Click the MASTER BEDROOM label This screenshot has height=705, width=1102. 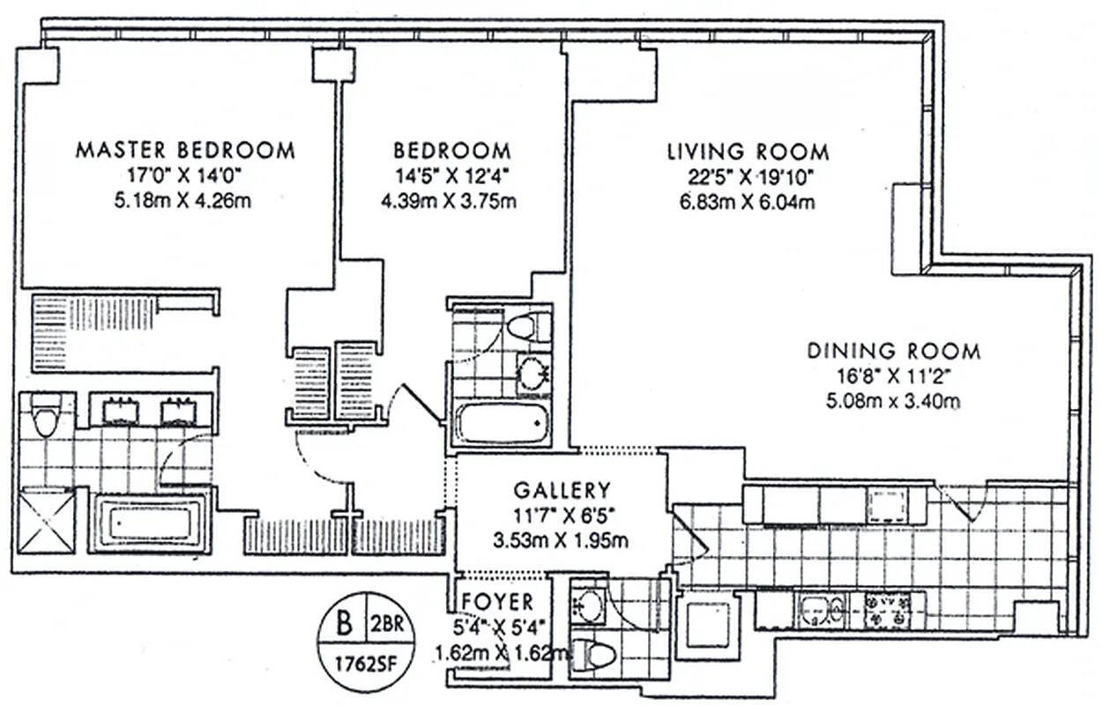click(185, 149)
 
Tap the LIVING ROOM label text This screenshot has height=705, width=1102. click(748, 151)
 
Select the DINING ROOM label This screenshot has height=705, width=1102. click(894, 351)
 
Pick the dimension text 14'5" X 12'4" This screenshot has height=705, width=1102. click(451, 174)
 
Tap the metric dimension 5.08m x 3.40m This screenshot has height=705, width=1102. click(894, 402)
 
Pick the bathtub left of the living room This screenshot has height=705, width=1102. click(501, 423)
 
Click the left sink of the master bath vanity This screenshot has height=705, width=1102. click(119, 411)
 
